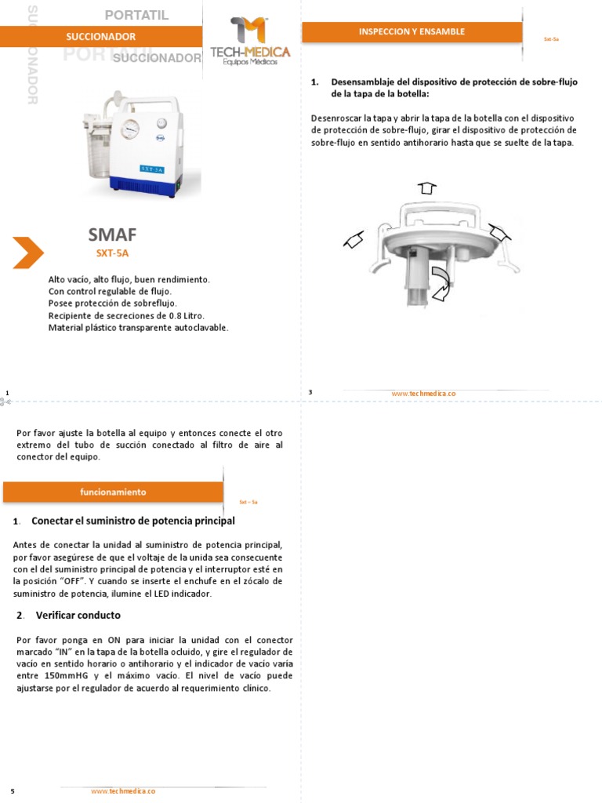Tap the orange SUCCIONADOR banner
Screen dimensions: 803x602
click(101, 37)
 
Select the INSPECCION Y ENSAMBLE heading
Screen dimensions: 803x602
click(412, 32)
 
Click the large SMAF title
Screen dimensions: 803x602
click(112, 234)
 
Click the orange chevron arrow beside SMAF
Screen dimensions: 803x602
click(28, 252)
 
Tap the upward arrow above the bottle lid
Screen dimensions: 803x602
click(426, 188)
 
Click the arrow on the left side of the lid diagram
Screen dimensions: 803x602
click(354, 241)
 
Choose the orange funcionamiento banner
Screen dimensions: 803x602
click(113, 492)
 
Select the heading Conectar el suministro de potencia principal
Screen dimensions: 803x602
click(132, 521)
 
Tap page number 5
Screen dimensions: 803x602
click(13, 791)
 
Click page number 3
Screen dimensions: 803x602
click(310, 391)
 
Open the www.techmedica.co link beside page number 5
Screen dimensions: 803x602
click(123, 791)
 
